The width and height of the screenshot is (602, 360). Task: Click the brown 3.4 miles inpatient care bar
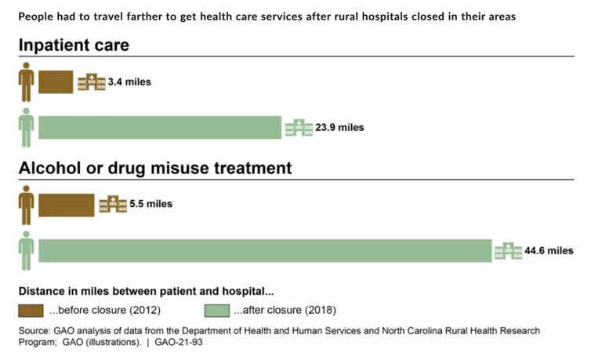pyautogui.click(x=56, y=82)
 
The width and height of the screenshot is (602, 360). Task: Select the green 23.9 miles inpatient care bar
pyautogui.click(x=159, y=127)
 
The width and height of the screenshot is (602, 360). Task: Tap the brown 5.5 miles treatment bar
pyautogui.click(x=66, y=204)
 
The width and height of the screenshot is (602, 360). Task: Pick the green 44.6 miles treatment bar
pyautogui.click(x=264, y=250)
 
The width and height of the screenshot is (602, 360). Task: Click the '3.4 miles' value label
pyautogui.click(x=129, y=82)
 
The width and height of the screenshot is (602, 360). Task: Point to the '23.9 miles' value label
pyautogui.click(x=339, y=127)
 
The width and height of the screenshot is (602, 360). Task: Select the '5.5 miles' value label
pyautogui.click(x=150, y=204)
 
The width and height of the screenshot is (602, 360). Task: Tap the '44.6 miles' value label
pyautogui.click(x=549, y=251)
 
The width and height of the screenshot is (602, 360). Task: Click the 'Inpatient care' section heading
pyautogui.click(x=74, y=45)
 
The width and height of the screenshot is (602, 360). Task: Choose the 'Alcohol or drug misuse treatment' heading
pyautogui.click(x=155, y=168)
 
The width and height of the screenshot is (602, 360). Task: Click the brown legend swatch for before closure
pyautogui.click(x=32, y=310)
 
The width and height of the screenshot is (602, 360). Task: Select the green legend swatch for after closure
pyautogui.click(x=217, y=310)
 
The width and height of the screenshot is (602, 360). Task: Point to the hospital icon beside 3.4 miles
pyautogui.click(x=91, y=82)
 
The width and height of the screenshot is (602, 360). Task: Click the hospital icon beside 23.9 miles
pyautogui.click(x=299, y=127)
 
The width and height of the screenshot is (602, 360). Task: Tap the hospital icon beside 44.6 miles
pyautogui.click(x=508, y=250)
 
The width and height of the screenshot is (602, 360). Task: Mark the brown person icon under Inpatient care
pyautogui.click(x=27, y=82)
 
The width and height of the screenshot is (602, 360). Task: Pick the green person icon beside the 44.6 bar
pyautogui.click(x=27, y=250)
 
